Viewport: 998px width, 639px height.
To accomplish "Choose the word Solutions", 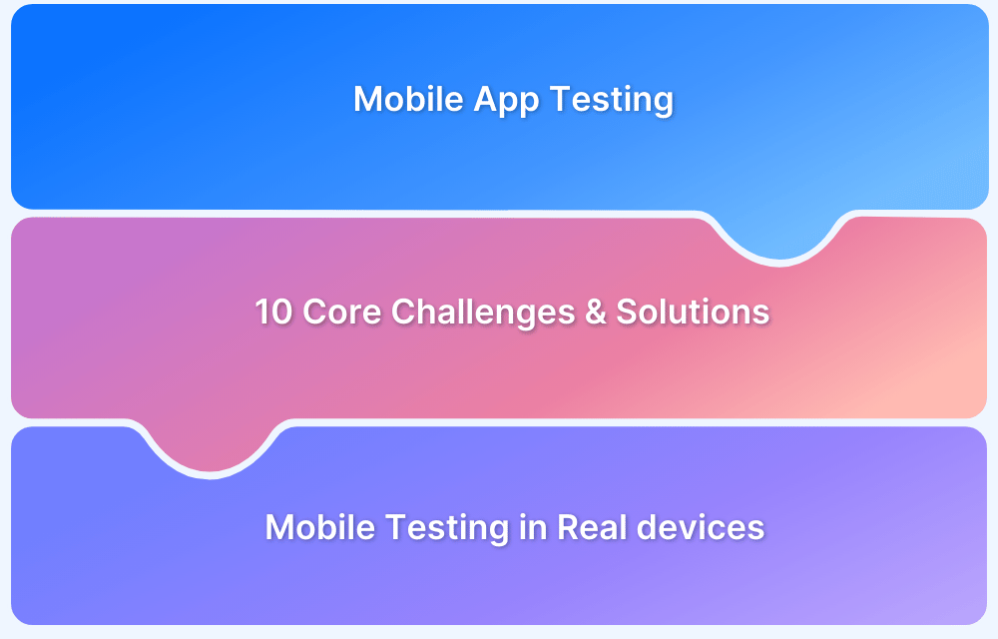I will (x=693, y=312).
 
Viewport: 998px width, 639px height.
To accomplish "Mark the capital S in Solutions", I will (x=626, y=312).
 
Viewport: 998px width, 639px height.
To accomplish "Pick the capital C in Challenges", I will (x=401, y=312).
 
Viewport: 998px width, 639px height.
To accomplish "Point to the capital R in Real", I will (x=566, y=526).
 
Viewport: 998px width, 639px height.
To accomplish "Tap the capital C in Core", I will (x=312, y=312).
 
